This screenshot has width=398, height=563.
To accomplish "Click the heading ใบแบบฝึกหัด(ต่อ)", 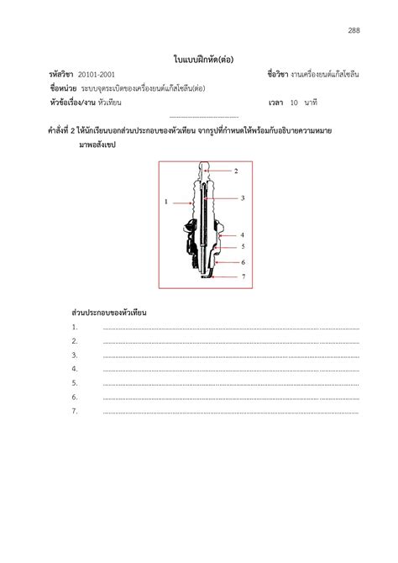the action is [x=198, y=59].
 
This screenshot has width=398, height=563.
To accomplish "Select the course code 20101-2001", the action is [x=97, y=75].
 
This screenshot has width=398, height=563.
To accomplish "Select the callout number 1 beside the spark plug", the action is [x=166, y=202].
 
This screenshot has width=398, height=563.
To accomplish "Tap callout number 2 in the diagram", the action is [x=237, y=171].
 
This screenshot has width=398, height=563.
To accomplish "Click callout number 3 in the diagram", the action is [x=242, y=197].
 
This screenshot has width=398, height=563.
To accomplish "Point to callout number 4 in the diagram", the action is [x=242, y=235].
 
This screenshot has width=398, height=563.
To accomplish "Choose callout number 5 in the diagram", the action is [x=242, y=247].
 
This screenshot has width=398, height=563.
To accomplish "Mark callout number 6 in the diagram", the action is [x=242, y=262].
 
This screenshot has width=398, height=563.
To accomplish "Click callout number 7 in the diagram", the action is [x=242, y=276].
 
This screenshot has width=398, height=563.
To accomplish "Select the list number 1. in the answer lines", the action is [x=75, y=327].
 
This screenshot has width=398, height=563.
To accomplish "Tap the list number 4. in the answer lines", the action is [x=75, y=369].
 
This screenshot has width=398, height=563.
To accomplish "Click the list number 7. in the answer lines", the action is [x=75, y=411].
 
